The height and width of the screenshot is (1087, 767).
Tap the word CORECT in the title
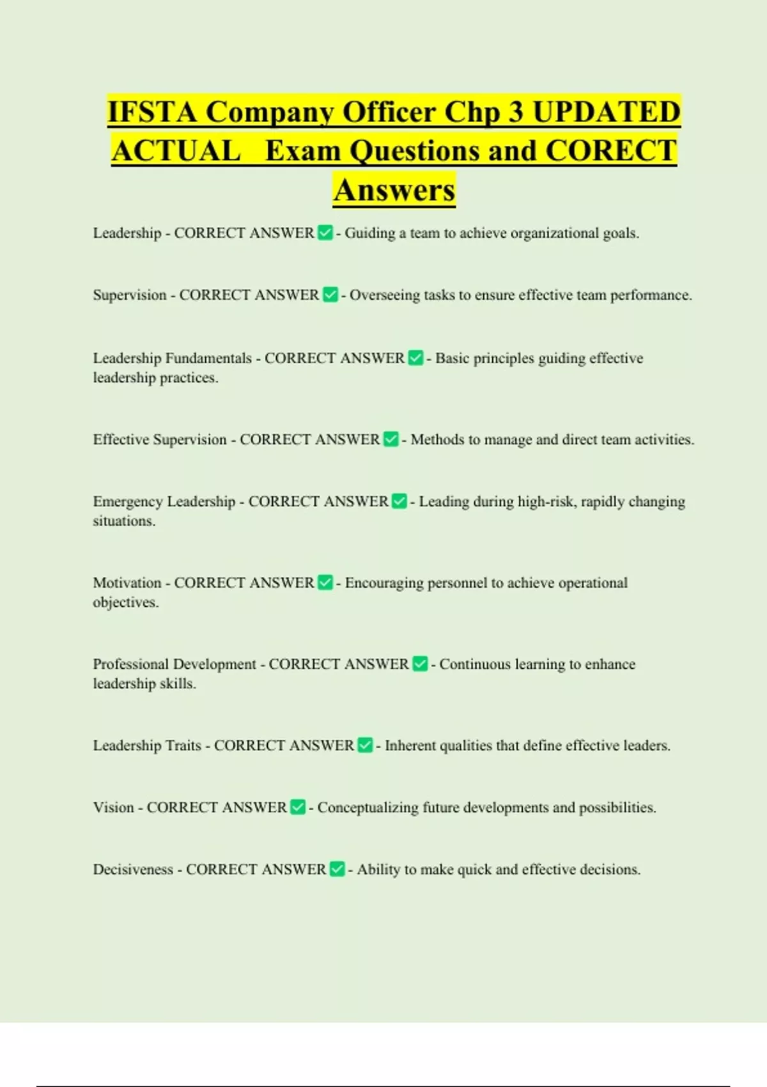pos(611,152)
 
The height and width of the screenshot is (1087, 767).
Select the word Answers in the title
pos(394,191)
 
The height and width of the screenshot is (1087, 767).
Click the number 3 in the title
pos(515,112)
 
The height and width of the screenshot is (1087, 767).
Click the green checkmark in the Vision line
pos(298,807)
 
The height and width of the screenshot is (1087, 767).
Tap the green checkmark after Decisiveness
pos(337,869)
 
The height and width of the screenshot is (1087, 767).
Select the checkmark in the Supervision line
pos(330,295)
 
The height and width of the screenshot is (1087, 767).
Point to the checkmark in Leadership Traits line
pos(365,745)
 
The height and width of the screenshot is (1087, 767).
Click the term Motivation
pos(127,583)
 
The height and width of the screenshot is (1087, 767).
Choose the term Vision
pos(113,807)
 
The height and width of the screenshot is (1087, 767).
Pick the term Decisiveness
pos(133,869)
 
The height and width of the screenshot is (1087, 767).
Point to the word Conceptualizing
pos(368,808)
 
